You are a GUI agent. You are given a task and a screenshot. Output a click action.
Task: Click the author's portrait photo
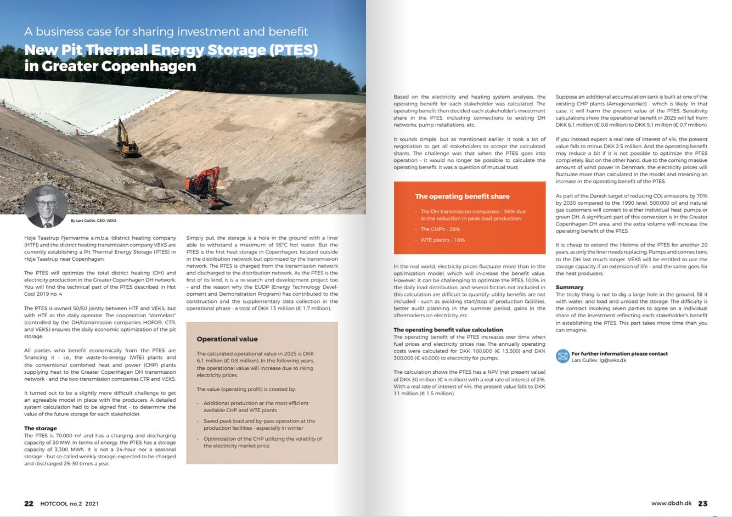pos(46,206)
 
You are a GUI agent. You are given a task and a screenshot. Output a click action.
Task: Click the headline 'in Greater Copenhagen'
pos(110,66)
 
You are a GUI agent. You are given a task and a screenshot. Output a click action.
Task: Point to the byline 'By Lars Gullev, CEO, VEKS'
pos(93,221)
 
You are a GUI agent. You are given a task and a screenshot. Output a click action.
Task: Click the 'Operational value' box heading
pos(227,339)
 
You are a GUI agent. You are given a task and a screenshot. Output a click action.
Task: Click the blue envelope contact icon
pos(562,356)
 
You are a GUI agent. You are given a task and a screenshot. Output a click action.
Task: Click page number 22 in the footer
pos(29,503)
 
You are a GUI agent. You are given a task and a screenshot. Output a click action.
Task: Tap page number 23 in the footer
pos(702,503)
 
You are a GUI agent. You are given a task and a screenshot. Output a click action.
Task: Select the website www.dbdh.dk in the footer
pos(671,503)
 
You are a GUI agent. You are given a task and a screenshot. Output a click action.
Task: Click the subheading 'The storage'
pos(41,428)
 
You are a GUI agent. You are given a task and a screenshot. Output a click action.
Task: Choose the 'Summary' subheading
pos(569,287)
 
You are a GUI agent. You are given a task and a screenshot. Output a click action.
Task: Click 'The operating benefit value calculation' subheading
pos(448,330)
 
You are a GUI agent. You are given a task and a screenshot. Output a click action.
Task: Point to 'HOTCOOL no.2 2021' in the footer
pos(69,503)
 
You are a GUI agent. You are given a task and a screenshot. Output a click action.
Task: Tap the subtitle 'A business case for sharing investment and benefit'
pos(166,32)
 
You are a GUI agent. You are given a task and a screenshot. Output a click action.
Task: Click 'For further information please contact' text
pos(619,353)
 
